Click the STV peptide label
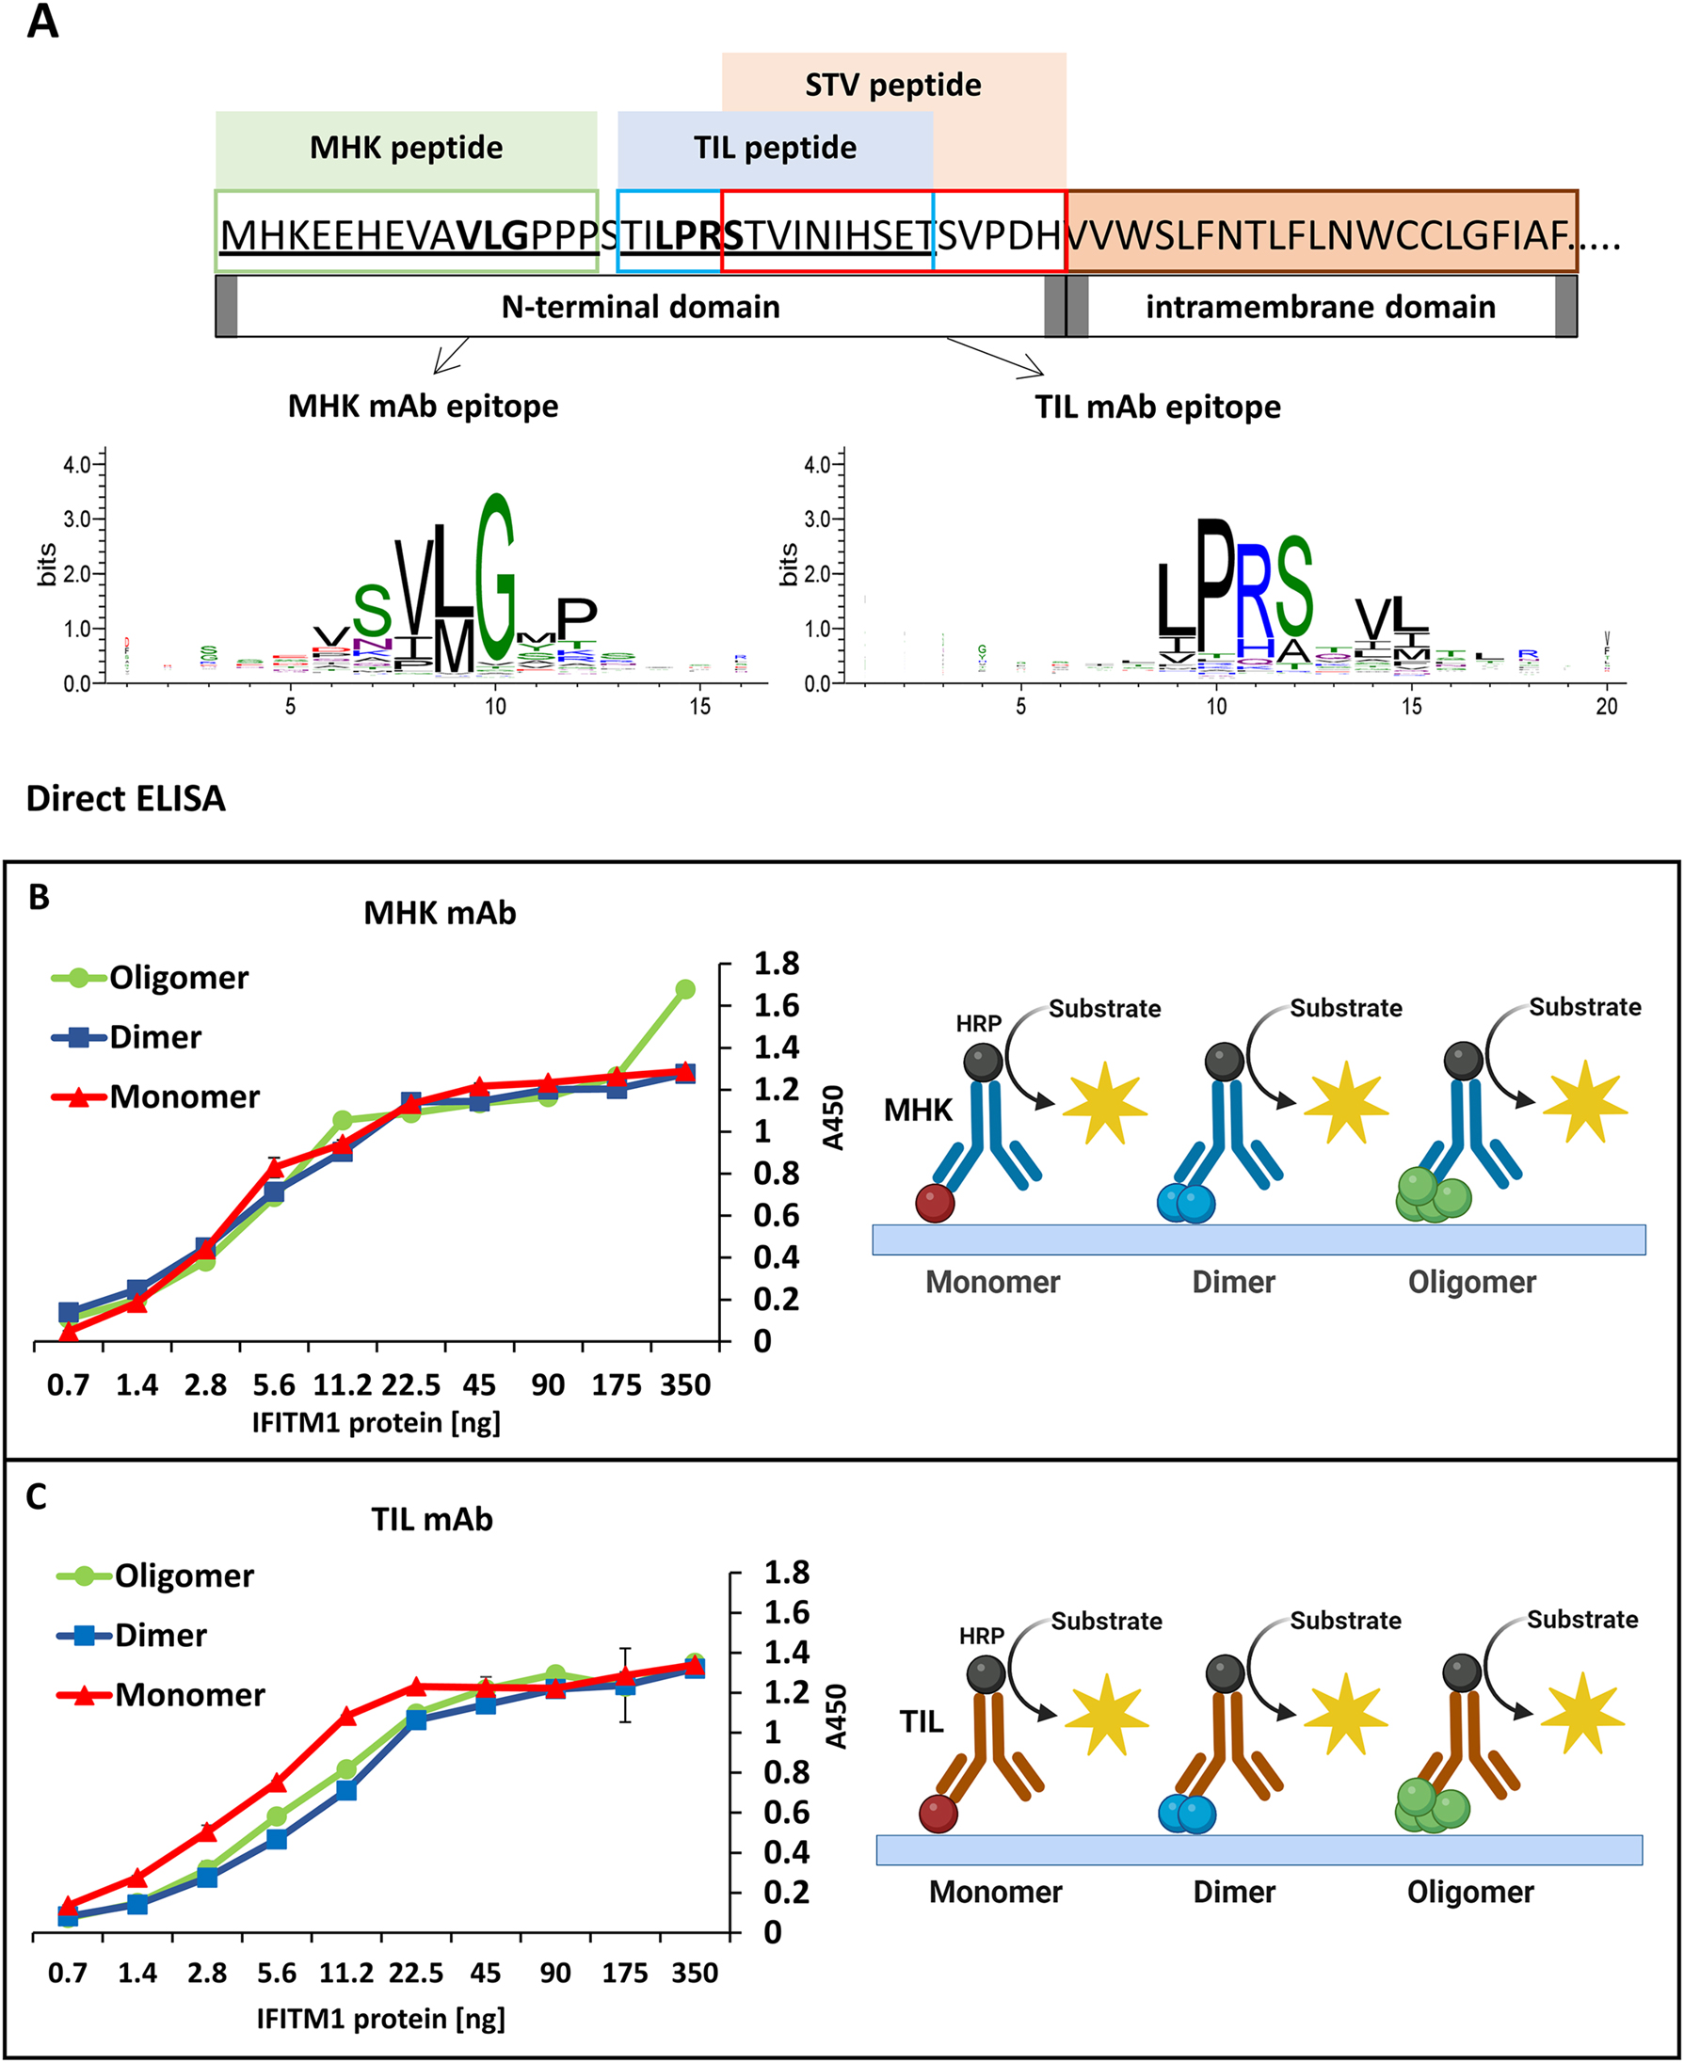(892, 86)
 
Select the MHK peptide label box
(406, 148)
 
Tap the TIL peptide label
(774, 148)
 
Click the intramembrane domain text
(1320, 307)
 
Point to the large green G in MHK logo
(495, 578)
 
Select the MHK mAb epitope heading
(423, 406)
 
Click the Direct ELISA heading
(126, 798)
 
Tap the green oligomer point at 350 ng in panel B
(685, 989)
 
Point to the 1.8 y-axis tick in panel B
(776, 964)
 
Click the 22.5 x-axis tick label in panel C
(416, 1973)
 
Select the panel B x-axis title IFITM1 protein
(377, 1423)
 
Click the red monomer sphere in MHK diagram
(935, 1204)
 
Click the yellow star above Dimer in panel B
(1345, 1104)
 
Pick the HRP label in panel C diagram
(982, 1637)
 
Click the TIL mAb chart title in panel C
(432, 1519)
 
